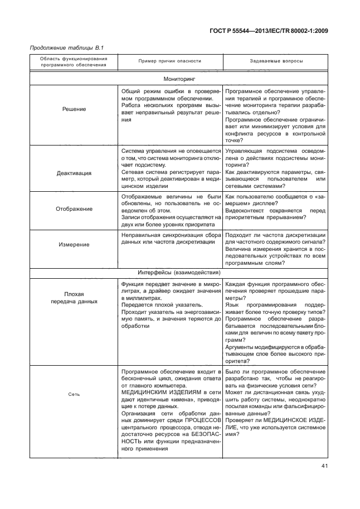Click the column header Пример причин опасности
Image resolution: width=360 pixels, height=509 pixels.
(169, 61)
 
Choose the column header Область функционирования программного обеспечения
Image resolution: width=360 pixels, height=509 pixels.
(74, 61)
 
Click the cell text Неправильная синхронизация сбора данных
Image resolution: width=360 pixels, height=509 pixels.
(171, 239)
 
